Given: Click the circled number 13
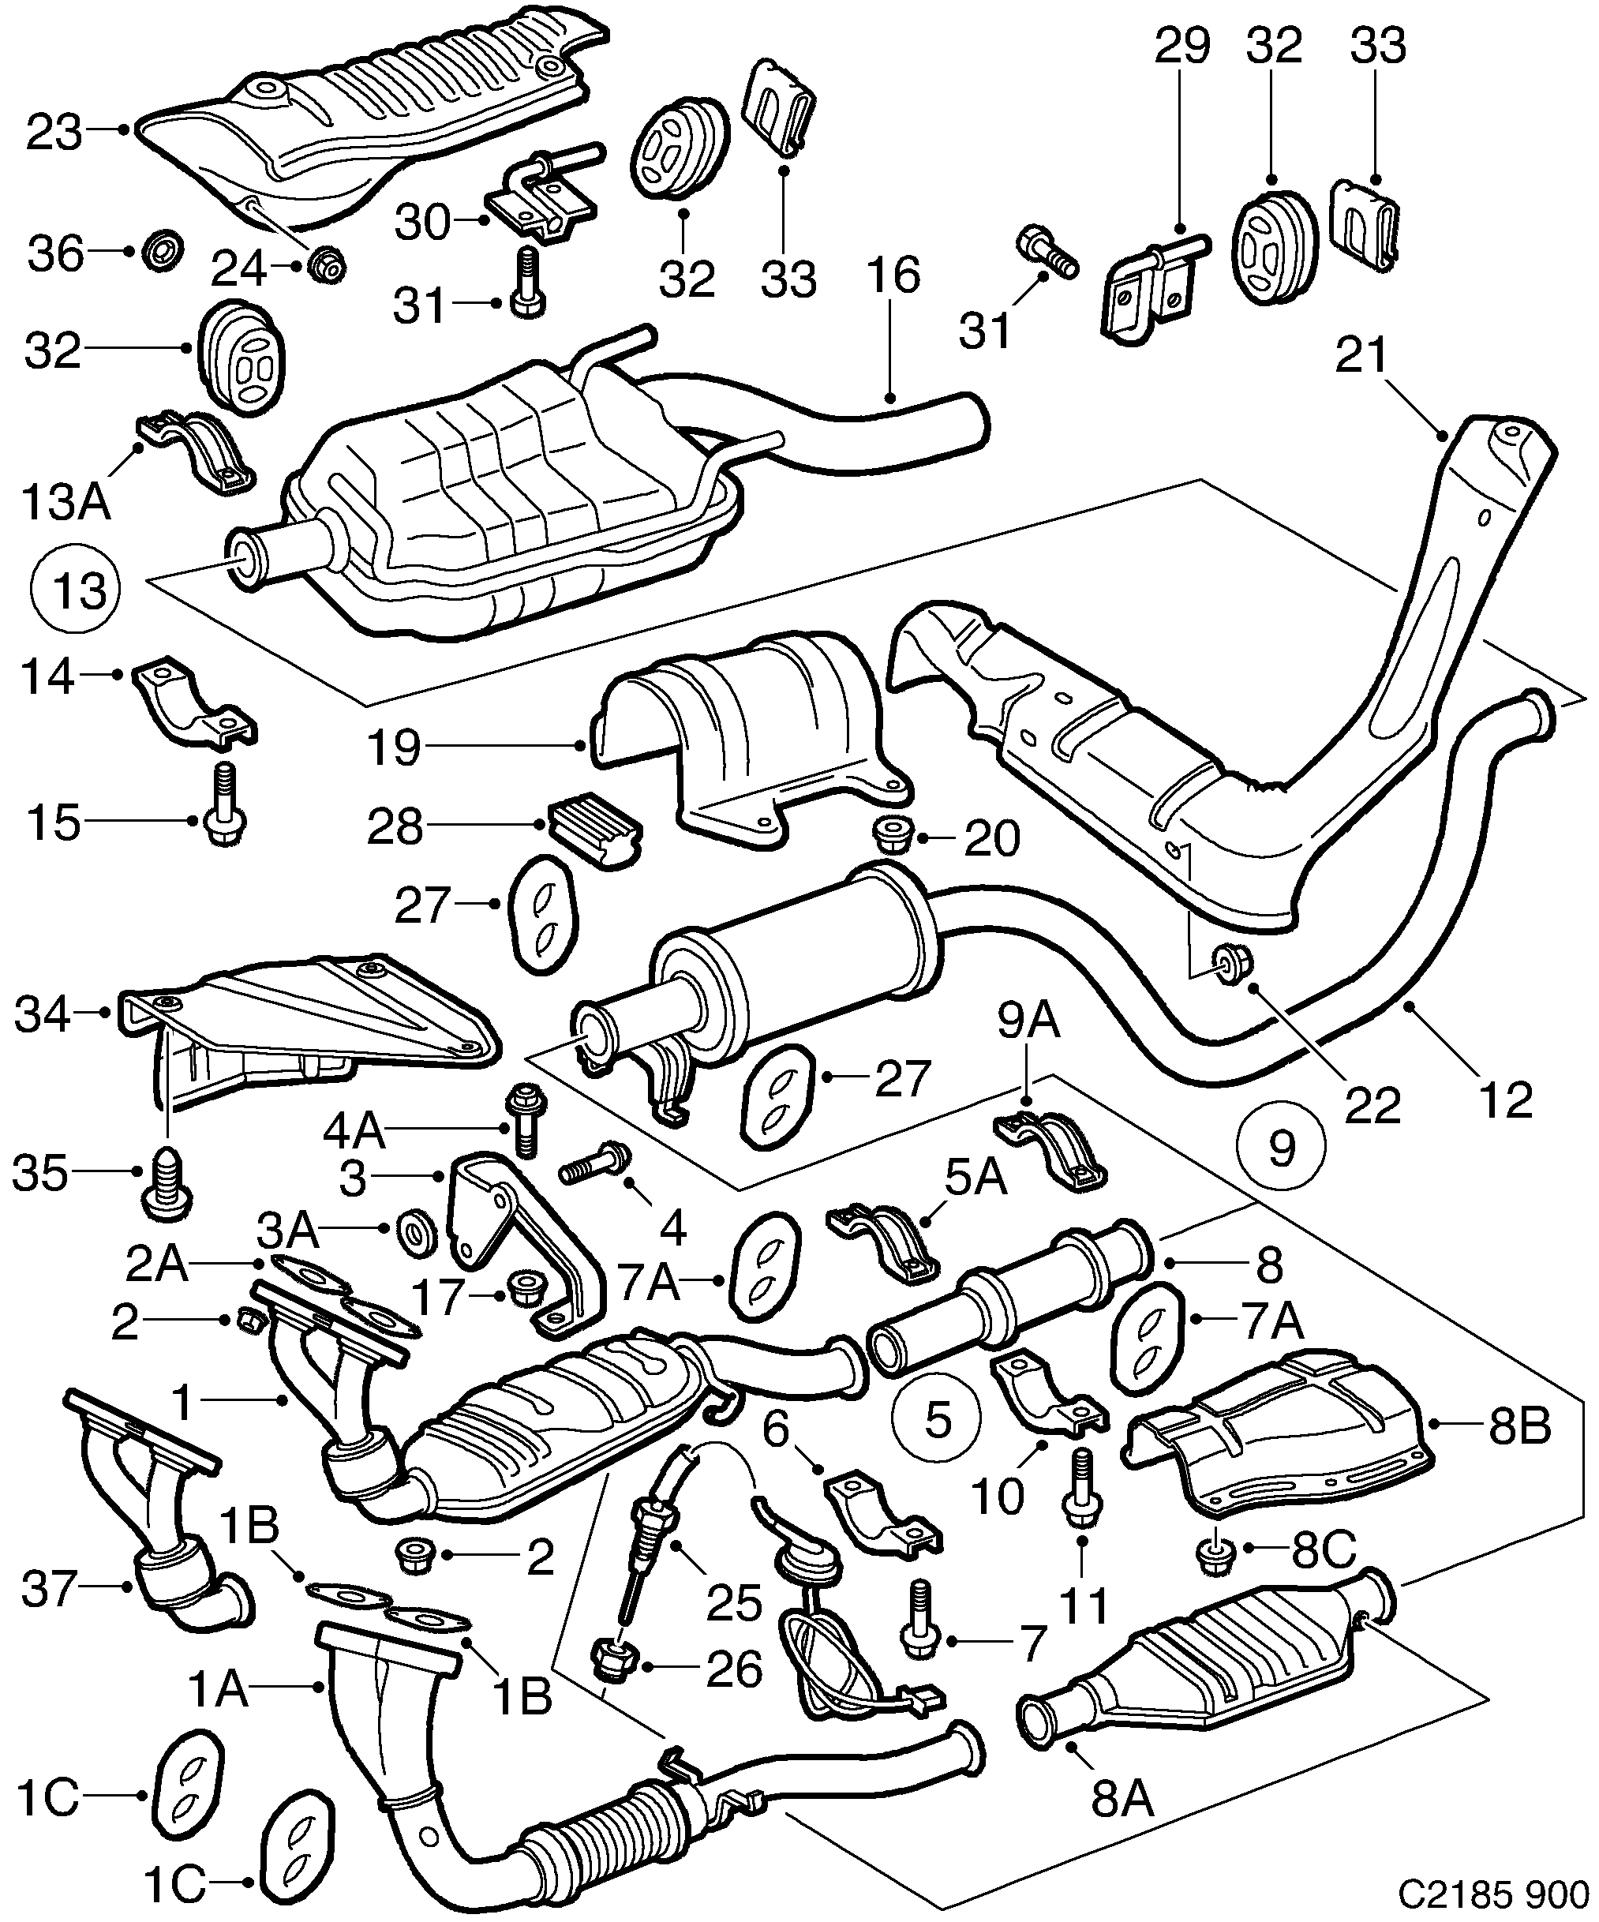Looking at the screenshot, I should [x=80, y=590].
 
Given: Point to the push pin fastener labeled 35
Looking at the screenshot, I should [x=166, y=1186].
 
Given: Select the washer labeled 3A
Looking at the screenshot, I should [x=417, y=1231].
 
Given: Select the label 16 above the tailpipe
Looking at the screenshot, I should [x=893, y=275].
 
